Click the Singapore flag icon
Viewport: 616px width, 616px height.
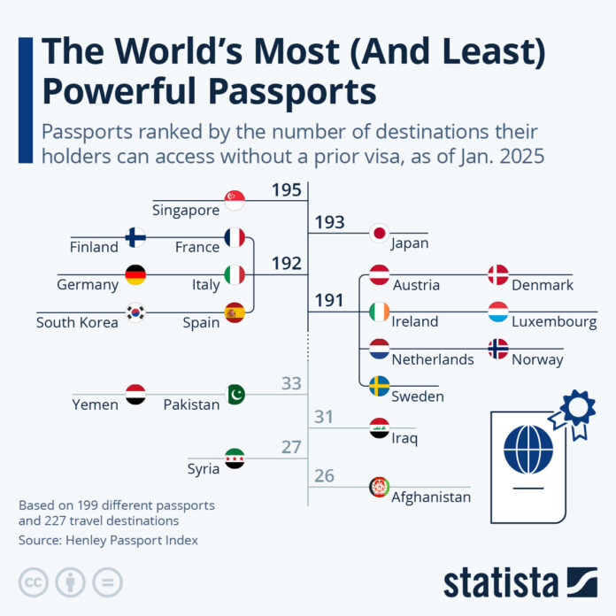click(235, 201)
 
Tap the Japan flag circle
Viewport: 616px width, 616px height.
click(379, 234)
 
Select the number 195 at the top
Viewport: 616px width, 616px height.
click(287, 190)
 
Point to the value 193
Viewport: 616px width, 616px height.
click(329, 223)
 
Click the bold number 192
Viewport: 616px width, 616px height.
click(287, 264)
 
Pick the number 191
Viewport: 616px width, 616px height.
click(329, 301)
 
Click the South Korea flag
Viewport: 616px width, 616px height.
click(135, 312)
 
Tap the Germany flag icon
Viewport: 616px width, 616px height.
click(135, 275)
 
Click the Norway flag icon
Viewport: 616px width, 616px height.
click(498, 349)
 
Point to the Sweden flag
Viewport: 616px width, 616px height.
click(379, 386)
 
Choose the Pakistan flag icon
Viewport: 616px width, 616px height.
click(235, 394)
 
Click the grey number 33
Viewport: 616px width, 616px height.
click(291, 384)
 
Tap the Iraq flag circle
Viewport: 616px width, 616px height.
click(379, 428)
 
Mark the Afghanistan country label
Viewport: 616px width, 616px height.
click(431, 497)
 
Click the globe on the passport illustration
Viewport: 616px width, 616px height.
click(528, 449)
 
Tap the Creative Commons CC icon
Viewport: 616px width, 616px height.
click(32, 581)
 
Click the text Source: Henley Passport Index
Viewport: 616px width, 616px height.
click(108, 540)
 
